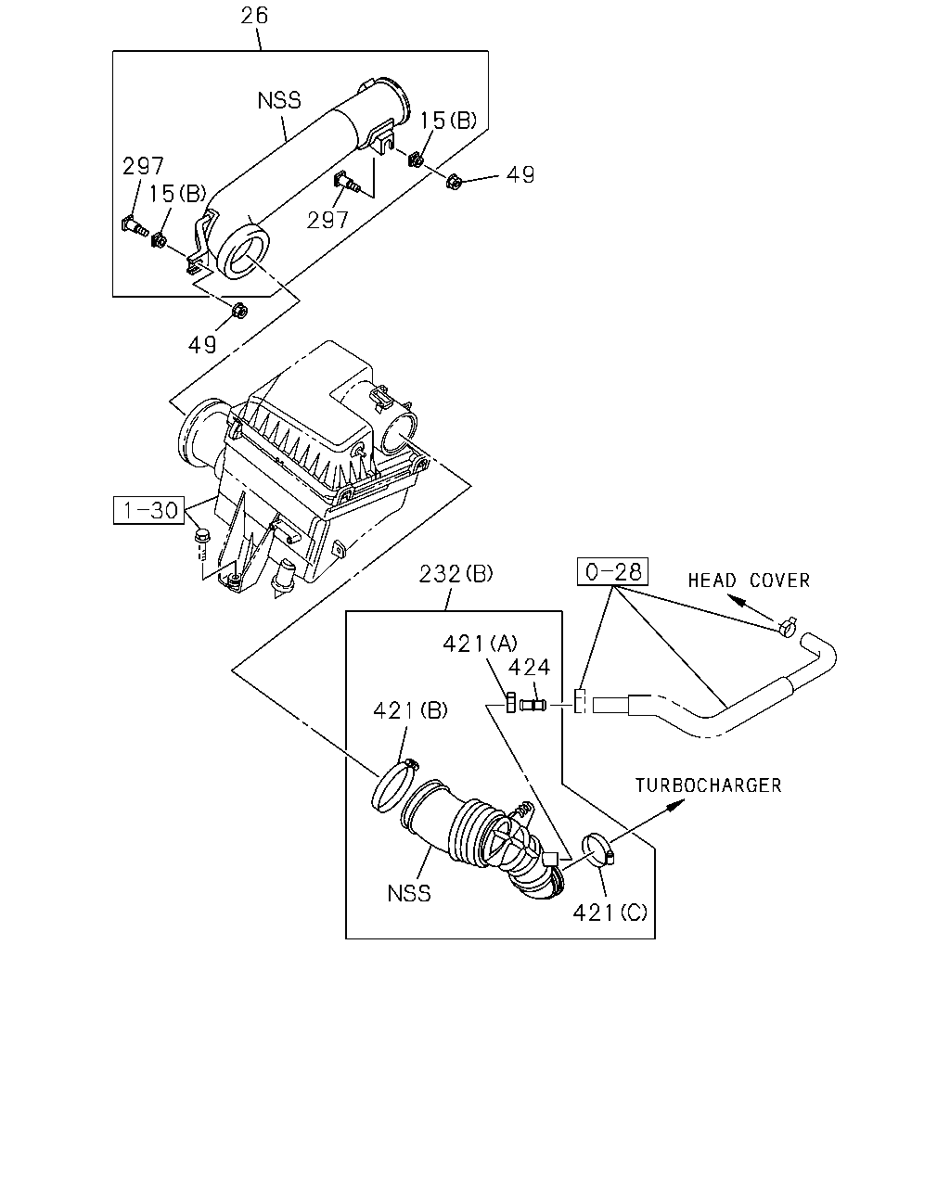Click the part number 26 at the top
tap(254, 16)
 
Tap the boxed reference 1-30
tap(149, 510)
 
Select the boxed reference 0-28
tap(612, 571)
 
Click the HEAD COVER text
tap(749, 581)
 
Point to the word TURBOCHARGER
tap(708, 785)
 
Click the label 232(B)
tap(456, 574)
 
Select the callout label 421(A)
tap(481, 644)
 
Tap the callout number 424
tap(529, 668)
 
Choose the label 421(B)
tap(410, 710)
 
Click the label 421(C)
tap(610, 913)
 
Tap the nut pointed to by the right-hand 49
tap(453, 181)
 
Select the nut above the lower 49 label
tap(239, 311)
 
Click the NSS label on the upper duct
tap(279, 100)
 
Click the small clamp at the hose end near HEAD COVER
tap(787, 626)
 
